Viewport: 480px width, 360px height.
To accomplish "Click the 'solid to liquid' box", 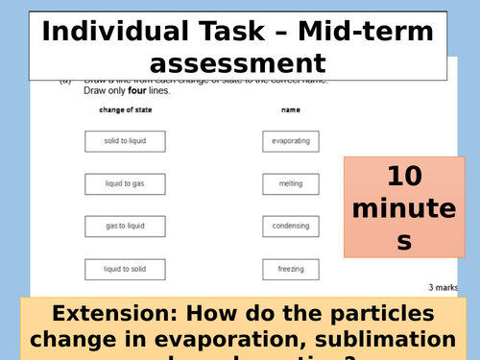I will [x=125, y=141].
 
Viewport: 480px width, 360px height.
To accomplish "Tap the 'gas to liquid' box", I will [x=125, y=227].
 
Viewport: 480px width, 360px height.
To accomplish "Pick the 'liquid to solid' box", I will [x=125, y=270].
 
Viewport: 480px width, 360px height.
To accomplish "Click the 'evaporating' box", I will [x=290, y=141].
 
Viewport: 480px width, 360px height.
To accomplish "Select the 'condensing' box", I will [x=290, y=227].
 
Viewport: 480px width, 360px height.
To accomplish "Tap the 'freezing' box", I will [x=290, y=270].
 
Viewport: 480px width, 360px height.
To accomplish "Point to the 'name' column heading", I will [x=291, y=110].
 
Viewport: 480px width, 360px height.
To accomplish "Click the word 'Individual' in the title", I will [x=109, y=31].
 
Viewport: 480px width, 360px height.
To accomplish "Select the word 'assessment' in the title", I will [x=239, y=63].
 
